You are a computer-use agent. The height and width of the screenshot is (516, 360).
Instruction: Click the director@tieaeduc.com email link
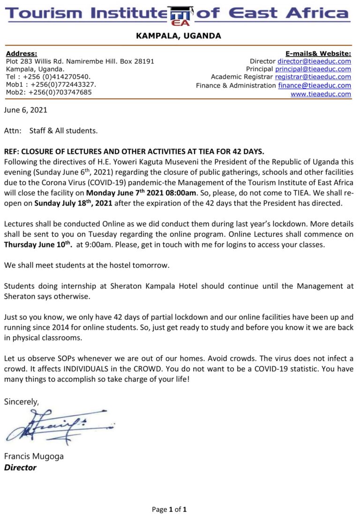point(314,61)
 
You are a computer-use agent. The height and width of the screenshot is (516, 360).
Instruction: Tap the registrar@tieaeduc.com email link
point(313,77)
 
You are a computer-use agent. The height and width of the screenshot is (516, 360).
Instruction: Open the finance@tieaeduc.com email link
point(315,85)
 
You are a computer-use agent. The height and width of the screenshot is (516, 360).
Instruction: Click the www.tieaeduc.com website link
point(321,94)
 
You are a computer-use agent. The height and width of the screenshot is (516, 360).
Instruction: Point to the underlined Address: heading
point(22,53)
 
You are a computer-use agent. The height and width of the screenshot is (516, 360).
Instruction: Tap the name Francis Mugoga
point(34,456)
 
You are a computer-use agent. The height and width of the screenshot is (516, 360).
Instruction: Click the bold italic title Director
point(20,467)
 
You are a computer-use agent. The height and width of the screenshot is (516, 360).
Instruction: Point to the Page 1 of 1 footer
point(169,509)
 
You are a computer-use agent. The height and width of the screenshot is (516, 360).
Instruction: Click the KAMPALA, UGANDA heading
point(178,36)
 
